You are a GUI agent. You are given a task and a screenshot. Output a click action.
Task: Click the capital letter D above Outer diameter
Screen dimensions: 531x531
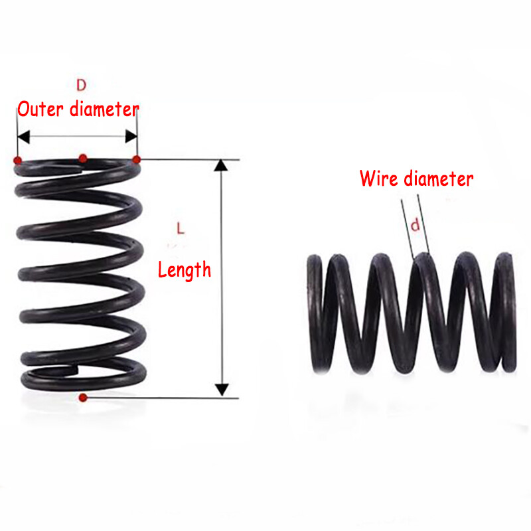pos(81,85)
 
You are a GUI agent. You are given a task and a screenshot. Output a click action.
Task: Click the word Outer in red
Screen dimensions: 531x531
pos(40,109)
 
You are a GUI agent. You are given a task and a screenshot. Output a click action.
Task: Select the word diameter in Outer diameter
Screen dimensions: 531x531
pos(104,109)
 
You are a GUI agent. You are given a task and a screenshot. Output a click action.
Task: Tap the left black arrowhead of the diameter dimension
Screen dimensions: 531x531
pos(23,137)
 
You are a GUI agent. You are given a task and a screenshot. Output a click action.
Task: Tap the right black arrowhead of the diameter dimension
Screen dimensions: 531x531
pos(131,137)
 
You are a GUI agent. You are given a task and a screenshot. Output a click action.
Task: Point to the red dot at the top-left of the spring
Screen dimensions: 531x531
pos(18,160)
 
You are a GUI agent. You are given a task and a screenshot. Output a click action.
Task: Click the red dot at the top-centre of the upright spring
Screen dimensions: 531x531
pos(83,158)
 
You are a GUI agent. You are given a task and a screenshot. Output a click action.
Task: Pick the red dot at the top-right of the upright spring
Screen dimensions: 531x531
pos(137,159)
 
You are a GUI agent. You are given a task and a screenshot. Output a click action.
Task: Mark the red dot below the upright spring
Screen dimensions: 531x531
pos(83,398)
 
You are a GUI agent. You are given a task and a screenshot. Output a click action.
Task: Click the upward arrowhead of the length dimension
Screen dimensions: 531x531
pos(221,165)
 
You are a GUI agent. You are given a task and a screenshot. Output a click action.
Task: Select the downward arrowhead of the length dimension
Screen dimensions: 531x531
pos(222,390)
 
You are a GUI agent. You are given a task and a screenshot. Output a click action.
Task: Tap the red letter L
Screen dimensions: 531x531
pos(181,228)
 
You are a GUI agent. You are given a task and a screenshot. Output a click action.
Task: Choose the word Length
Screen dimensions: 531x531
pos(185,270)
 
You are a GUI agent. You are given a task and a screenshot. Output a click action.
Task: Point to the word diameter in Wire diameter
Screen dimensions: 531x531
pos(439,179)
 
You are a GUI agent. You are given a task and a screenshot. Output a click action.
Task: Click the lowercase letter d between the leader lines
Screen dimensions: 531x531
pos(416,225)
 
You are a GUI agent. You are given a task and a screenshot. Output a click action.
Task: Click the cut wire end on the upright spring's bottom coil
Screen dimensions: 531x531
pos(74,370)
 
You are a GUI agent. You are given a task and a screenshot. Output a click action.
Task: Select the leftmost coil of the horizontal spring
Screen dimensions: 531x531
pos(316,313)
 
